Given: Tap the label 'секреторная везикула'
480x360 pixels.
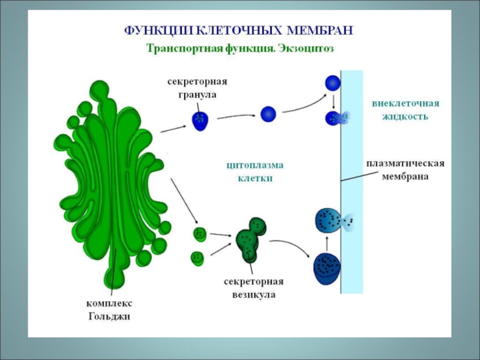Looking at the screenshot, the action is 253,288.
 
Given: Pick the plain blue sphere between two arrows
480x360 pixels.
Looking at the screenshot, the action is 268,113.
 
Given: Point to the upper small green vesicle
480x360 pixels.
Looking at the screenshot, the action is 199,233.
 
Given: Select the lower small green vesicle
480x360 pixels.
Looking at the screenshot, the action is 197,258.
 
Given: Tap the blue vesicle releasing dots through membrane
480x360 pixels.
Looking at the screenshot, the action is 329,220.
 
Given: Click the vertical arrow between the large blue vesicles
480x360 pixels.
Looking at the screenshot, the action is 326,242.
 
